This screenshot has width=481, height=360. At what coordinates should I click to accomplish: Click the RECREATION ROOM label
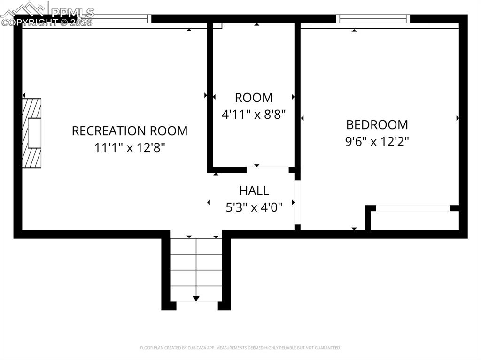pyautogui.click(x=129, y=130)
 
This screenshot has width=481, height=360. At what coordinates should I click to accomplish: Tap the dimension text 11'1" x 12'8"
pyautogui.click(x=129, y=147)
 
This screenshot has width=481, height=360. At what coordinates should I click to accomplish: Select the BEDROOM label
pyautogui.click(x=377, y=125)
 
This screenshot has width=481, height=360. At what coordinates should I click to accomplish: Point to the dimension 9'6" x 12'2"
pyautogui.click(x=377, y=141)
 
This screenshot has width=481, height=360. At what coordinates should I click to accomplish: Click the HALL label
pyautogui.click(x=254, y=191)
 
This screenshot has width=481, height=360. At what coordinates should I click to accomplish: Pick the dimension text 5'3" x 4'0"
pyautogui.click(x=254, y=207)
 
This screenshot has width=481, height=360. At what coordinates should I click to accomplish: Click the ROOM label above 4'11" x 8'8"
pyautogui.click(x=254, y=98)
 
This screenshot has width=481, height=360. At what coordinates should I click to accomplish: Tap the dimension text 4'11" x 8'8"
pyautogui.click(x=254, y=114)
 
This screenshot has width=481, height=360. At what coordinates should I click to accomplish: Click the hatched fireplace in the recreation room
pyautogui.click(x=32, y=133)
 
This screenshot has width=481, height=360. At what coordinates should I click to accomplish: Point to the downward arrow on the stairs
pyautogui.click(x=196, y=298)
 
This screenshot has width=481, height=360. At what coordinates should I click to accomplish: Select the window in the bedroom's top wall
pyautogui.click(x=372, y=19)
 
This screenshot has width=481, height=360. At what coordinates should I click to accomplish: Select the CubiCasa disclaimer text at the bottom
pyautogui.click(x=240, y=348)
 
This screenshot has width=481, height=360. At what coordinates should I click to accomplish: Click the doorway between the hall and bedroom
pyautogui.click(x=297, y=202)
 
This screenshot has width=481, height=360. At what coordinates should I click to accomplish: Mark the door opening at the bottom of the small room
pyautogui.click(x=267, y=169)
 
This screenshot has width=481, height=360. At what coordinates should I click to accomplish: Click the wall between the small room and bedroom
pyautogui.click(x=297, y=94)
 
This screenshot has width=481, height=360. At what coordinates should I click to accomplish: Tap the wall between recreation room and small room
pyautogui.click(x=210, y=94)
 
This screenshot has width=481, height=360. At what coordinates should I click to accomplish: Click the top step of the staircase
pyautogui.click(x=196, y=246)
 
